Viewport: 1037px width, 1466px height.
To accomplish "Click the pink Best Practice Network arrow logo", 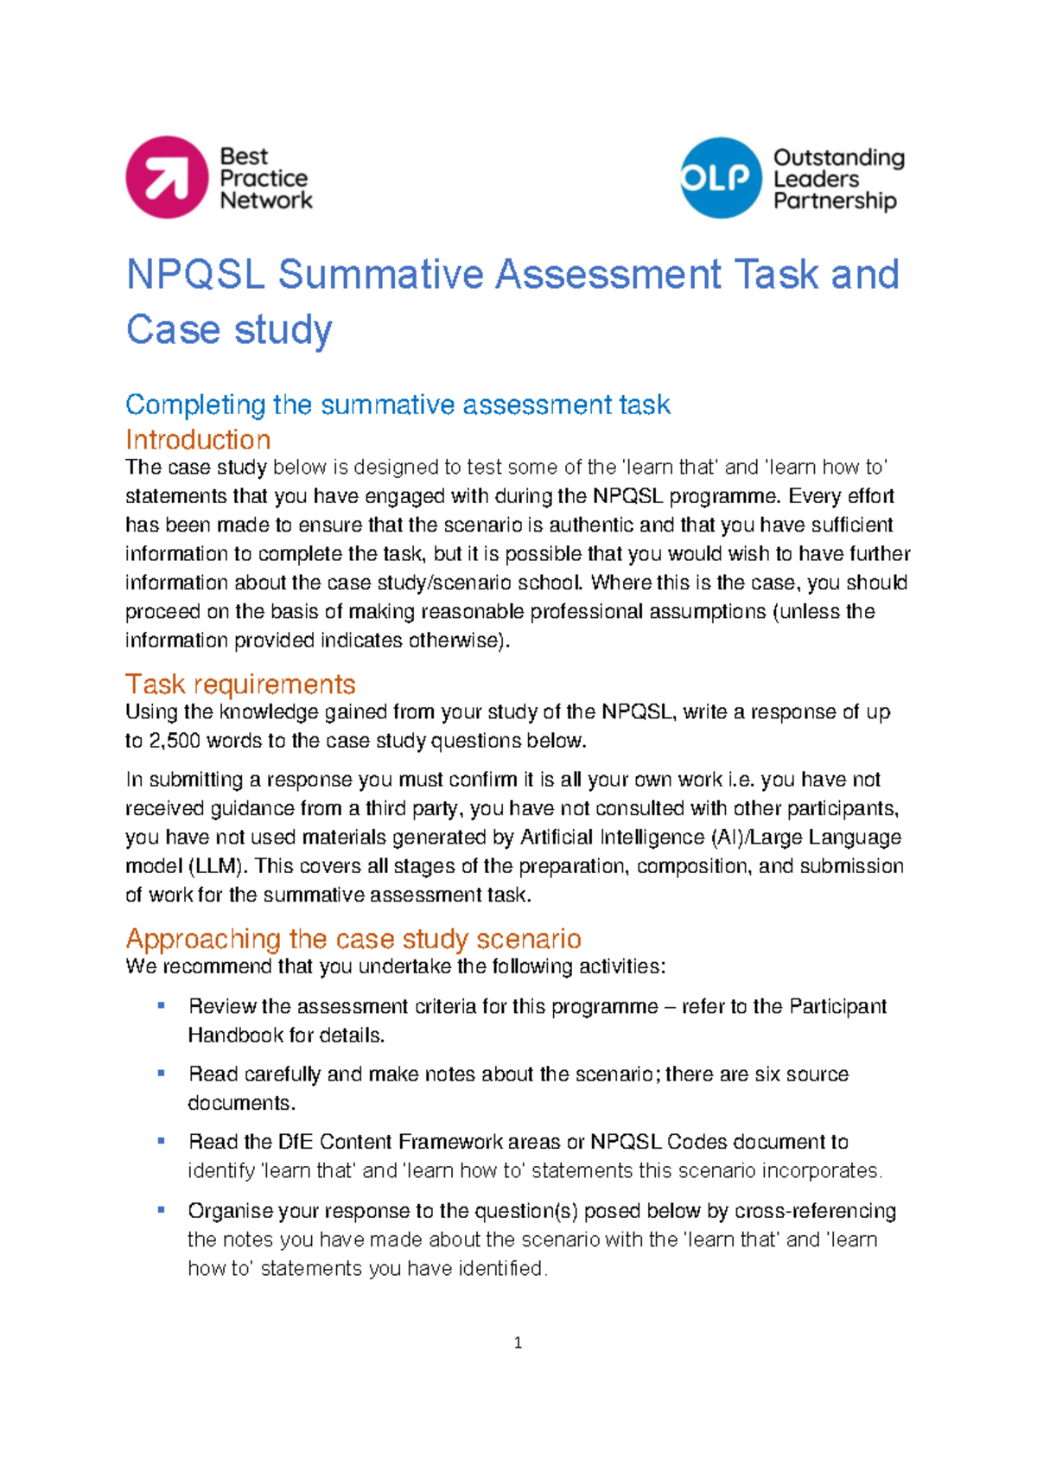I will (x=167, y=177).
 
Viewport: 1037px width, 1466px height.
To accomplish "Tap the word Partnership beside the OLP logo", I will (x=834, y=201).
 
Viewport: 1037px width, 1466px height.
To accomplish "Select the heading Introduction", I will (x=198, y=439).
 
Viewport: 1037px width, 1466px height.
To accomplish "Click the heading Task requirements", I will (x=240, y=684).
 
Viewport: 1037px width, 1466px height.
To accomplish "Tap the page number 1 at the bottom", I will (x=518, y=1342).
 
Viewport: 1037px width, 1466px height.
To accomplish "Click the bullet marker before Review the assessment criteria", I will (x=161, y=1005).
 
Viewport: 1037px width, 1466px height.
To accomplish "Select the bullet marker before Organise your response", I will (x=161, y=1210).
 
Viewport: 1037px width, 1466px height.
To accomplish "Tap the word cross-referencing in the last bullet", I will (x=815, y=1211).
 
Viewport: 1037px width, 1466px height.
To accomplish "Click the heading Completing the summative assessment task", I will (x=398, y=404).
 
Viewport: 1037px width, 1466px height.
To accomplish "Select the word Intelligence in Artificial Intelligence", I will (x=652, y=837).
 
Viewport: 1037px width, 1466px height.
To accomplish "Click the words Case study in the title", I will (x=229, y=329).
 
